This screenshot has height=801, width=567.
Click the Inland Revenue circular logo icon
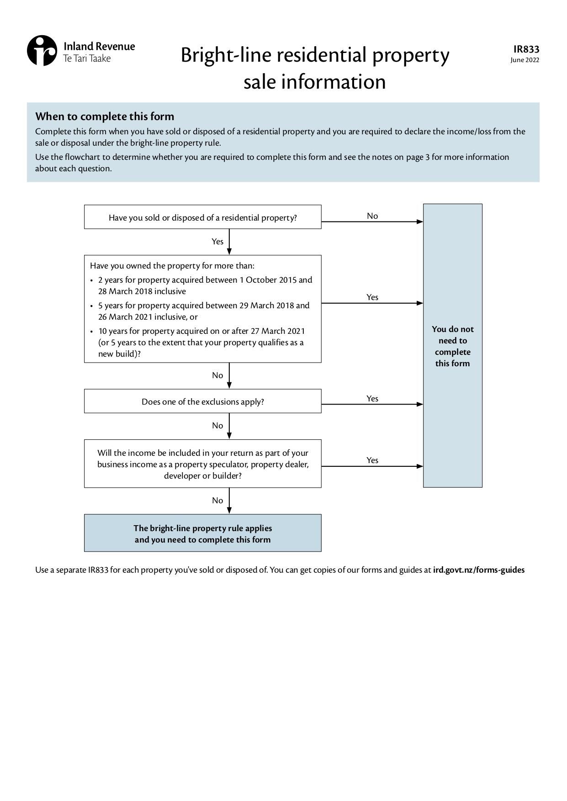42,51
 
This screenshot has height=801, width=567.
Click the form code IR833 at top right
526,49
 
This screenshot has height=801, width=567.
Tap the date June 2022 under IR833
525,60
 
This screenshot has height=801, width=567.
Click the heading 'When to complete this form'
105,116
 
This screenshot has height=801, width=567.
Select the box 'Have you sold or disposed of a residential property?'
202,217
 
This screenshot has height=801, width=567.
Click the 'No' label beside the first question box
372,216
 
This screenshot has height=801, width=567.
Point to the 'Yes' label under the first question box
217,242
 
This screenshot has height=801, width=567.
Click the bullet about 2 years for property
205,285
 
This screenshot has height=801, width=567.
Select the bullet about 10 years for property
201,342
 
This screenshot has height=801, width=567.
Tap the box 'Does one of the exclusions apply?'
202,401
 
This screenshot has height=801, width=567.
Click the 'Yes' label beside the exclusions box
372,399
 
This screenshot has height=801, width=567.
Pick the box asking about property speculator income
202,464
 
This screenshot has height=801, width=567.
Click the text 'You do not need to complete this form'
452,346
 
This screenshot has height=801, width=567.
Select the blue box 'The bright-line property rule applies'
202,533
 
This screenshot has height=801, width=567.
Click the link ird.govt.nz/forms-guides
478,570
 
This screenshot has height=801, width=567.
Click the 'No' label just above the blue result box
217,501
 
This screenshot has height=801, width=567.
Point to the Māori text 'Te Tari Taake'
87,58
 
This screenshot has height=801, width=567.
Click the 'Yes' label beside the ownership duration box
372,297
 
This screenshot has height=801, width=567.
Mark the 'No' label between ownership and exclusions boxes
217,375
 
